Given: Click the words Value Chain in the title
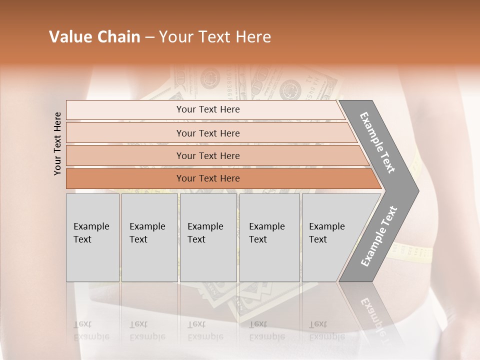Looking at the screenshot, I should (x=94, y=37).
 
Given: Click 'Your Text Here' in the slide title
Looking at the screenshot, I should (x=215, y=37).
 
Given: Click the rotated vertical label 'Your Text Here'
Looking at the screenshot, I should (x=58, y=143).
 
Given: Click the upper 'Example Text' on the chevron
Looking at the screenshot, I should (x=377, y=142).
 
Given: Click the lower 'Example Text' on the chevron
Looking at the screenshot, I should (x=379, y=236).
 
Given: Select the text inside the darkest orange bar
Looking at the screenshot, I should (x=208, y=178).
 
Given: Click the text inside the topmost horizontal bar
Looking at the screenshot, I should (x=208, y=109).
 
